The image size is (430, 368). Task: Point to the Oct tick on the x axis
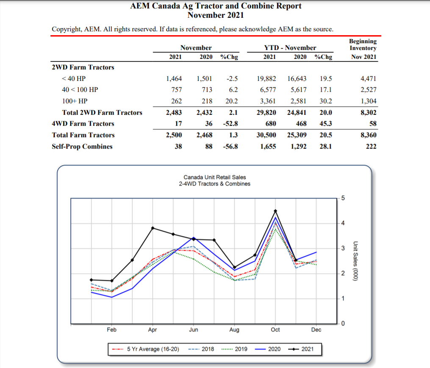click(275, 329)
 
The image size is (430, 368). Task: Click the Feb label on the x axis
click(112, 329)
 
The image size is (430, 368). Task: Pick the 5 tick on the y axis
click(343, 198)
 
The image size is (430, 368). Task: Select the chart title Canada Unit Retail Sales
click(214, 177)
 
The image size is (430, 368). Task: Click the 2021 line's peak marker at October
click(275, 211)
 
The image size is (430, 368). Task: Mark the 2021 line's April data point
click(153, 228)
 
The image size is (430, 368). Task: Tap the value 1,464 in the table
click(174, 78)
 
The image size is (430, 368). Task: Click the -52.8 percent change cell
click(230, 124)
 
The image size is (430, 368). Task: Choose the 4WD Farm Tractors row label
click(83, 124)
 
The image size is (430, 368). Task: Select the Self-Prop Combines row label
click(82, 146)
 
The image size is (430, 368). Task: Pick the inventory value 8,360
click(368, 135)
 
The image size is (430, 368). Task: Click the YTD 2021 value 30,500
click(267, 135)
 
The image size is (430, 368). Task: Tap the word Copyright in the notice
click(66, 29)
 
